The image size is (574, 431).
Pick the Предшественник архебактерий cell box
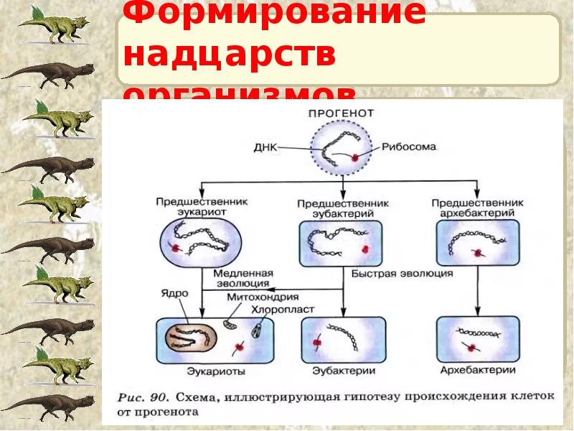477,244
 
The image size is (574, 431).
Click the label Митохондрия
263,297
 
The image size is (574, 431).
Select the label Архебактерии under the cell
479,371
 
